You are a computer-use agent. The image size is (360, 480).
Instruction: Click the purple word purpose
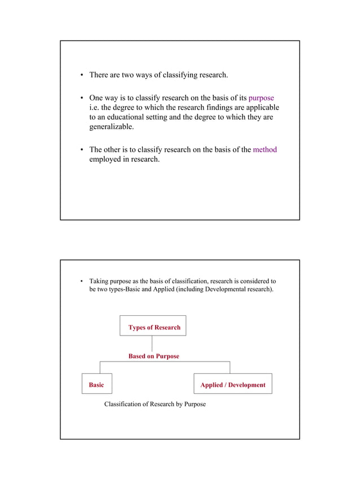pyautogui.click(x=261, y=98)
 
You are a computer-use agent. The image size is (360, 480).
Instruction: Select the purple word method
pyautogui.click(x=265, y=150)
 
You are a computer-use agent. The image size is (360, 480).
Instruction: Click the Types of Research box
pyautogui.click(x=153, y=327)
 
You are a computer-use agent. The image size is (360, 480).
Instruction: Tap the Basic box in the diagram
pyautogui.click(x=96, y=384)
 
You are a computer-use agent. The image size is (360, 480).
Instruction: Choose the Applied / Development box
pyautogui.click(x=232, y=384)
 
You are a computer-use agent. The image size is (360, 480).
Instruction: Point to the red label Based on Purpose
pyautogui.click(x=153, y=356)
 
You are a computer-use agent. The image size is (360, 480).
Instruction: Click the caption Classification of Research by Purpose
pyautogui.click(x=155, y=404)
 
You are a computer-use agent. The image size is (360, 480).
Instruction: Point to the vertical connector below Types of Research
pyautogui.click(x=152, y=344)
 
